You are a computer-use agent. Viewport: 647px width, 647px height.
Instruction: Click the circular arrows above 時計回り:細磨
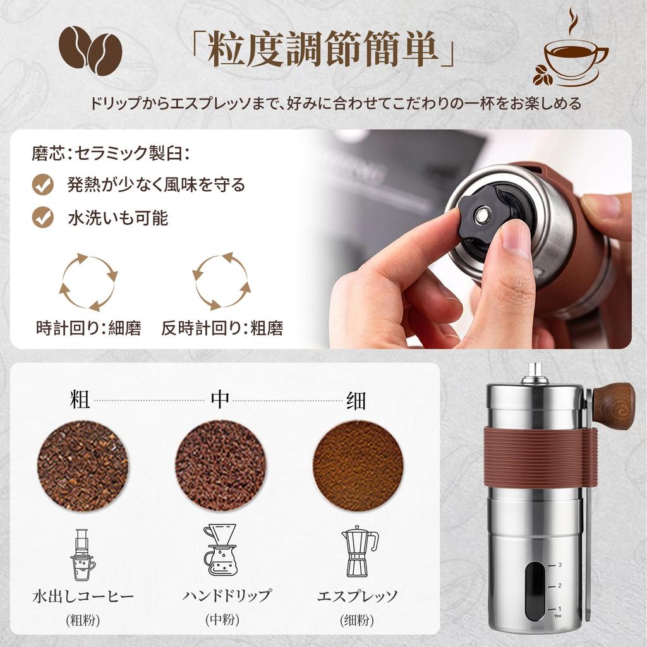[x=88, y=282]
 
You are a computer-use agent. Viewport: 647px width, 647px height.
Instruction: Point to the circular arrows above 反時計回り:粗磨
[x=221, y=282]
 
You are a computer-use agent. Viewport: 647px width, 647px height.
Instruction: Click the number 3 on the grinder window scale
[x=560, y=565]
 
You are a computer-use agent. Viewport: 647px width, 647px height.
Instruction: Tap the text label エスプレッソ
[x=358, y=596]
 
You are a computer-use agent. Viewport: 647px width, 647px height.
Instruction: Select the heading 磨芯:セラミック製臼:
[x=111, y=153]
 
